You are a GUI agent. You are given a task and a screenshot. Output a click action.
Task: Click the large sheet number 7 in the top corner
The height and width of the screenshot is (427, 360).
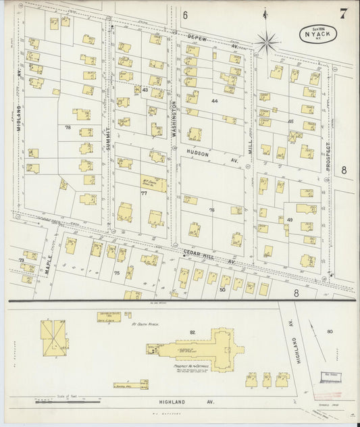(x=344, y=13)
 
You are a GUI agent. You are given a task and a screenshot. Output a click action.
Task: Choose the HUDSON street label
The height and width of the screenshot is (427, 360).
(x=199, y=153)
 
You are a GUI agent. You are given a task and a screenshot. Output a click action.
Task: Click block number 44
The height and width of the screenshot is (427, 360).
(x=215, y=101)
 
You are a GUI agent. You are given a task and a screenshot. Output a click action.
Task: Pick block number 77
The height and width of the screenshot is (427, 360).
(x=143, y=194)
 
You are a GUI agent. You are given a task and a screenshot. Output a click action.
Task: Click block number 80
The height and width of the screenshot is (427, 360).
(x=330, y=331)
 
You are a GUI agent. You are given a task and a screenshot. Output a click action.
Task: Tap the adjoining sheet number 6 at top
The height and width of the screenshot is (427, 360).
(x=184, y=14)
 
